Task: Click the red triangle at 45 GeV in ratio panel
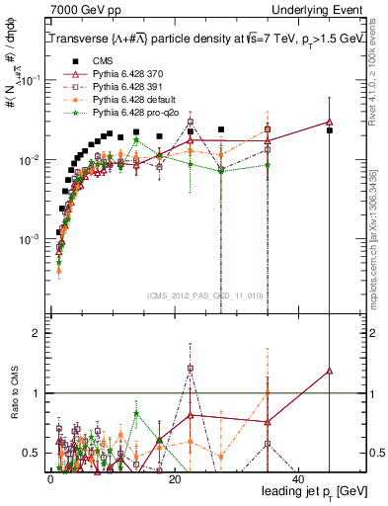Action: (x=330, y=371)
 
